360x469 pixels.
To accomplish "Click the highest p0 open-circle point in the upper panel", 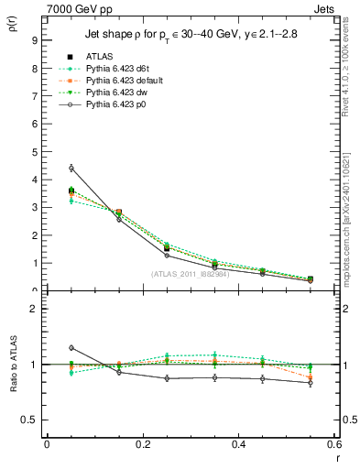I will point(71,168).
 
